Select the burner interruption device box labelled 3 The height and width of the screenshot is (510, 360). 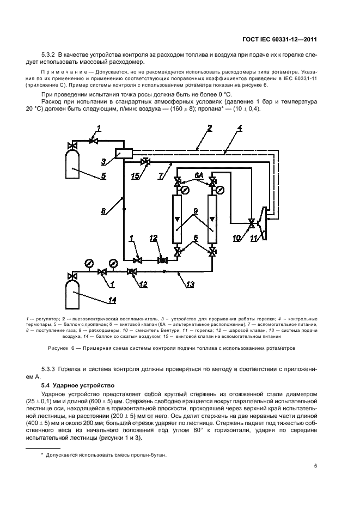click(125, 153)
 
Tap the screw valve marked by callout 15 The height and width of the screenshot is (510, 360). click(145, 162)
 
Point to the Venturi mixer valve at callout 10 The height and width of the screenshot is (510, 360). click(252, 223)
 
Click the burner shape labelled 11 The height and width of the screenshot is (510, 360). click(263, 223)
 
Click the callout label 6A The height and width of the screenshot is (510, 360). click(199, 174)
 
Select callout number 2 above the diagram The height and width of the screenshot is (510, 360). click(209, 129)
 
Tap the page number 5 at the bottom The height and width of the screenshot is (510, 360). click(315, 465)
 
